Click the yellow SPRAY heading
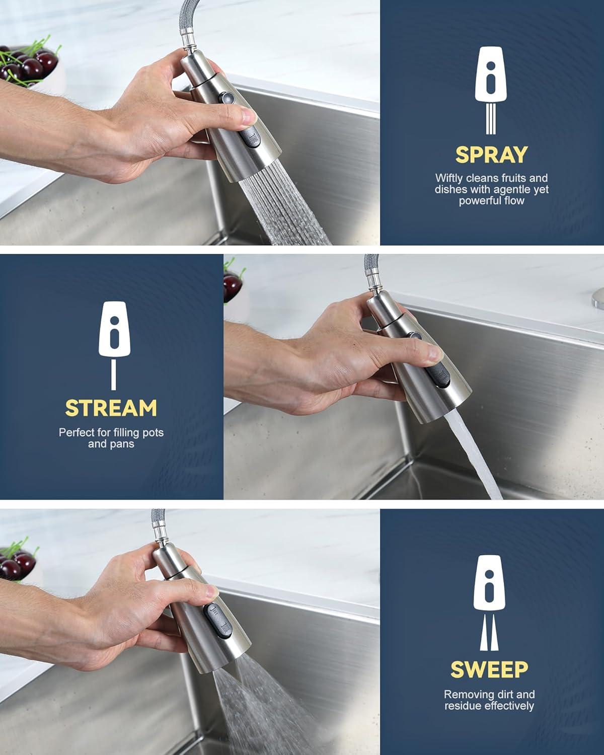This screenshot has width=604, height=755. click(491, 155)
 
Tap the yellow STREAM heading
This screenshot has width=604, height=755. click(111, 408)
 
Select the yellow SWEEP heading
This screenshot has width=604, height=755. click(489, 669)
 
